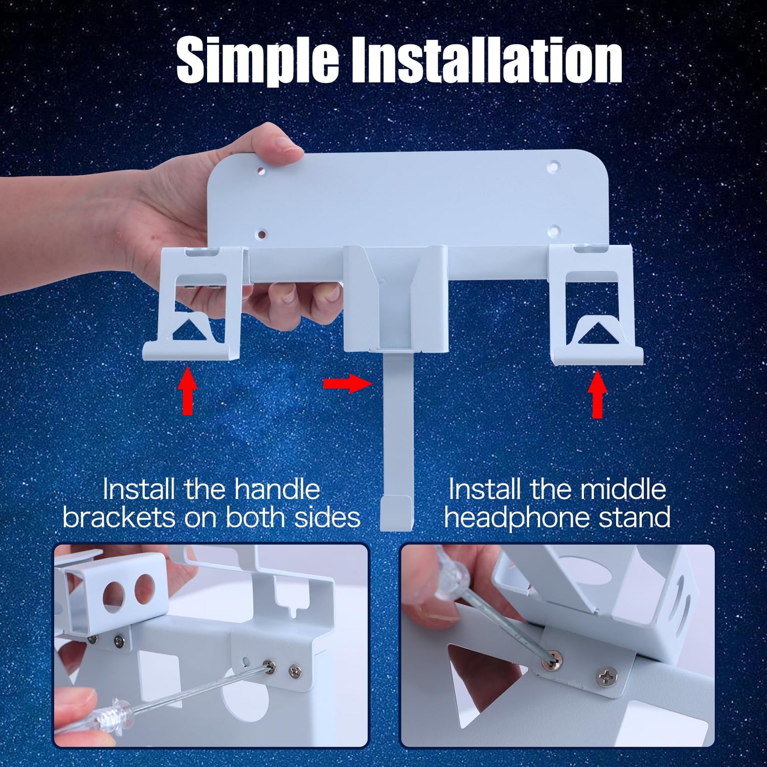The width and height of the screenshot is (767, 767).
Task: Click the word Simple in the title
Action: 257,61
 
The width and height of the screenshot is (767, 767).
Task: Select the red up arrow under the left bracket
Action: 188,391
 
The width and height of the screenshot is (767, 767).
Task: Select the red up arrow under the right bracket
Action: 597,394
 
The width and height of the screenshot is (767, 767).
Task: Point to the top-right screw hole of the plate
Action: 553,166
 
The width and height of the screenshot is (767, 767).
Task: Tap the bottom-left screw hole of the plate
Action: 262,235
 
